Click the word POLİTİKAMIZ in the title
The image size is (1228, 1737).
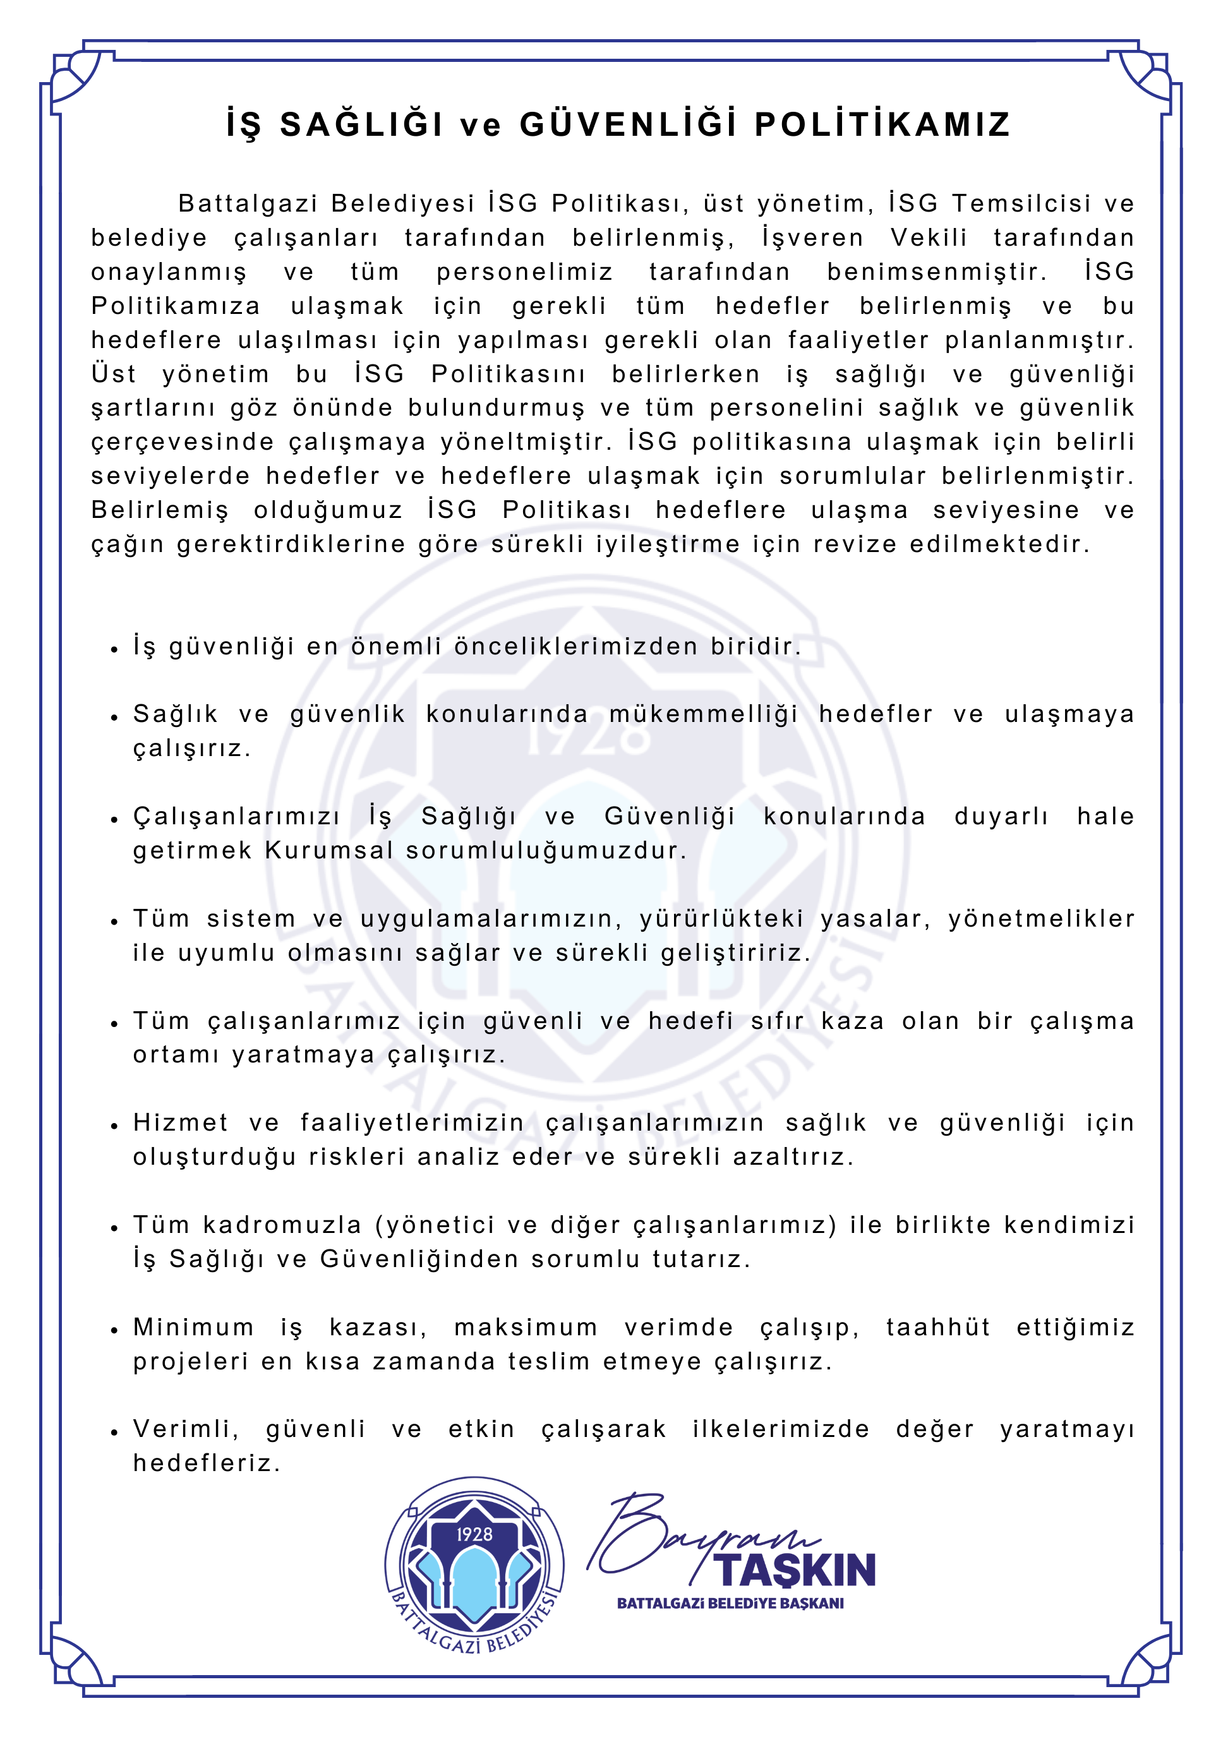click(x=882, y=126)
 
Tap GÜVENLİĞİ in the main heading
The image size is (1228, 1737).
click(x=628, y=126)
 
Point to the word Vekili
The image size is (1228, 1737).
click(x=929, y=237)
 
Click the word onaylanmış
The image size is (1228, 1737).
click(x=169, y=272)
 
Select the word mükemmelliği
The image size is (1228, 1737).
click(x=704, y=714)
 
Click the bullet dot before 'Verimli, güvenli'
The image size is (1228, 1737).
click(x=114, y=1432)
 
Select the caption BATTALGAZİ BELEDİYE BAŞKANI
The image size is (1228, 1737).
click(x=730, y=1604)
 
